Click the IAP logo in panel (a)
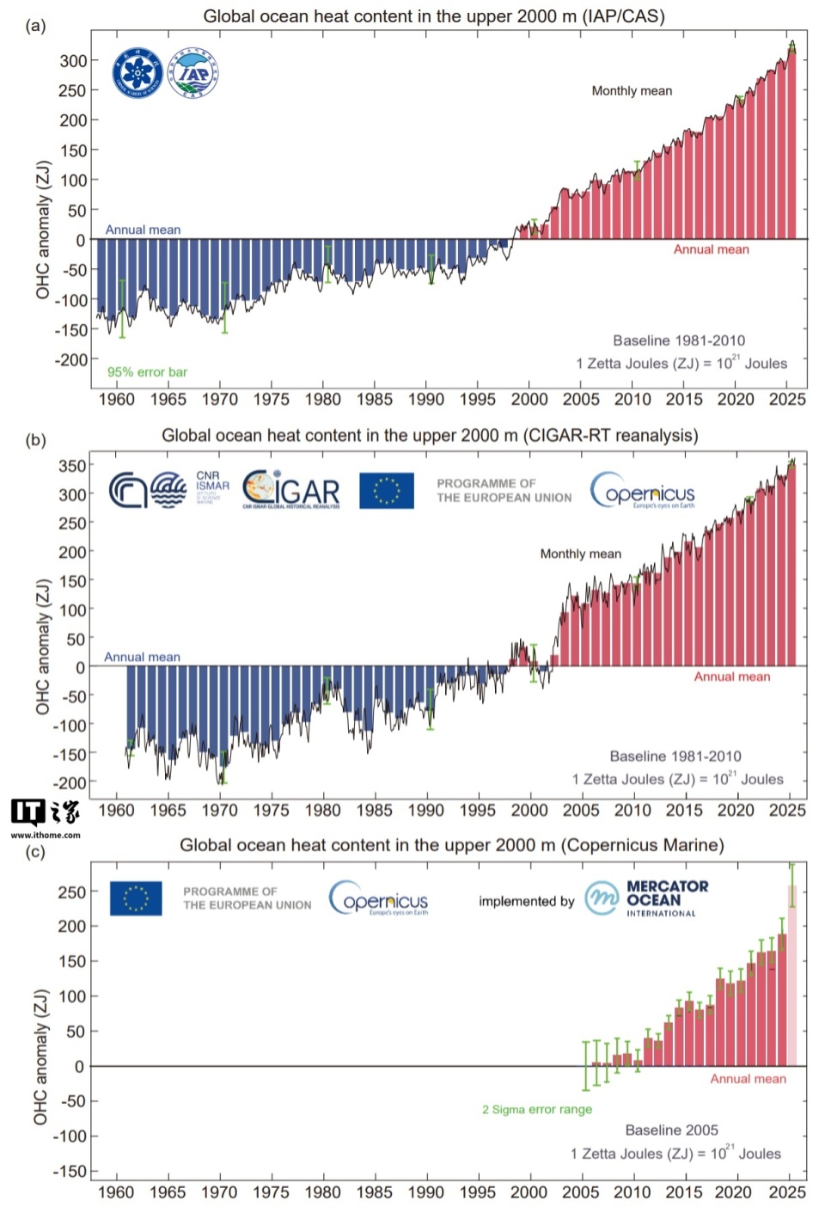(193, 73)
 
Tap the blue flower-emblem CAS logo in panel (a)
(137, 73)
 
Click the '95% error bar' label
(147, 372)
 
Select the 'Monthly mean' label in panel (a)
(632, 91)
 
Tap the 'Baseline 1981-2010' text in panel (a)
(679, 340)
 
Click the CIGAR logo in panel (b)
(291, 490)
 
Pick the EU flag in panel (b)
(387, 490)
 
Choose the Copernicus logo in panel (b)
(643, 491)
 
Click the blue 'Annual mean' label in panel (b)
(142, 657)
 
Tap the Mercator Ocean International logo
(647, 898)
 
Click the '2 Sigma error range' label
(537, 1110)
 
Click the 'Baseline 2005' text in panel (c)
(671, 1130)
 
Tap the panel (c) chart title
(451, 846)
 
